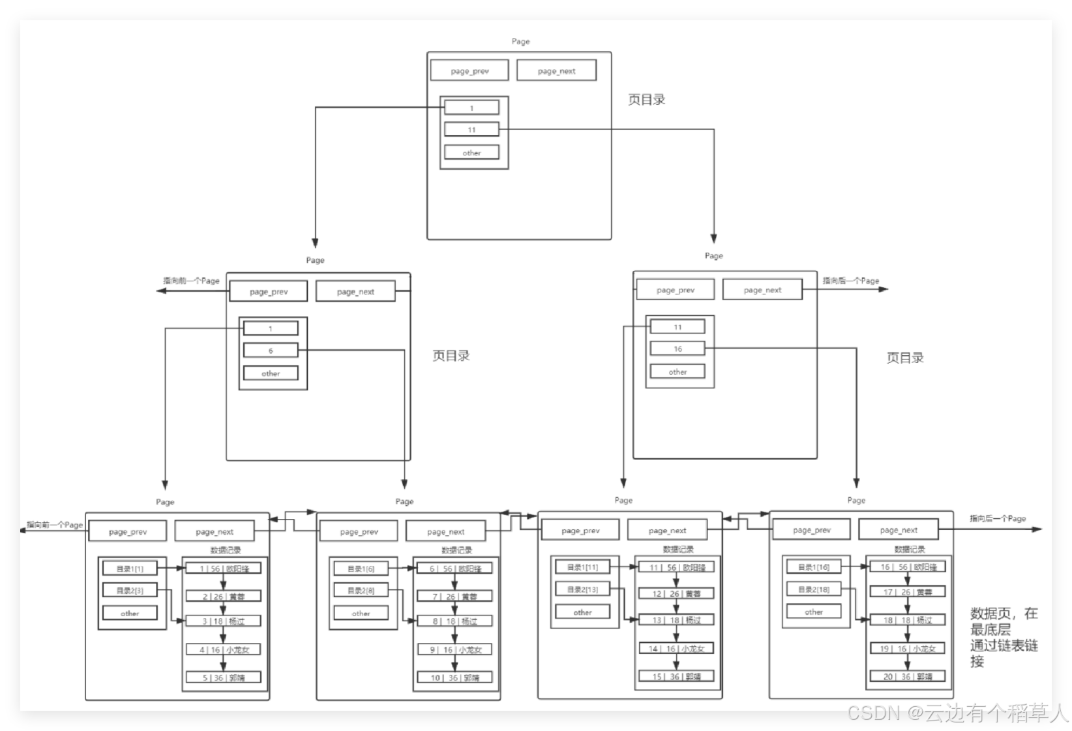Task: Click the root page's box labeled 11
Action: pos(471,129)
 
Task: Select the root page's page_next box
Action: pos(556,70)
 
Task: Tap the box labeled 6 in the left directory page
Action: pos(271,350)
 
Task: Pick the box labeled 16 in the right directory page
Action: pos(677,349)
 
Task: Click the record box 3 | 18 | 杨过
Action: pos(224,621)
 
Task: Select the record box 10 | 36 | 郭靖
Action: pos(454,677)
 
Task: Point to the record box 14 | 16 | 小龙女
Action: pos(676,648)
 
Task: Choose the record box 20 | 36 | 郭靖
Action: pos(907,676)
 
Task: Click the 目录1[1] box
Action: pos(130,568)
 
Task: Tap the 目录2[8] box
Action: pos(361,590)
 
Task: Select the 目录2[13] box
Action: pos(582,589)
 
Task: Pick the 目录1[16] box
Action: pos(814,567)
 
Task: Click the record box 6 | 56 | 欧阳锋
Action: pos(454,568)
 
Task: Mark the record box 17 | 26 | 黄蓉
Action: pos(907,592)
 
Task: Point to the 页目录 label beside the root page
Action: pos(646,100)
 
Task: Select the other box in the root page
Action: pos(471,153)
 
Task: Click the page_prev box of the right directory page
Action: pos(675,290)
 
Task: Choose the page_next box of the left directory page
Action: pos(355,292)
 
